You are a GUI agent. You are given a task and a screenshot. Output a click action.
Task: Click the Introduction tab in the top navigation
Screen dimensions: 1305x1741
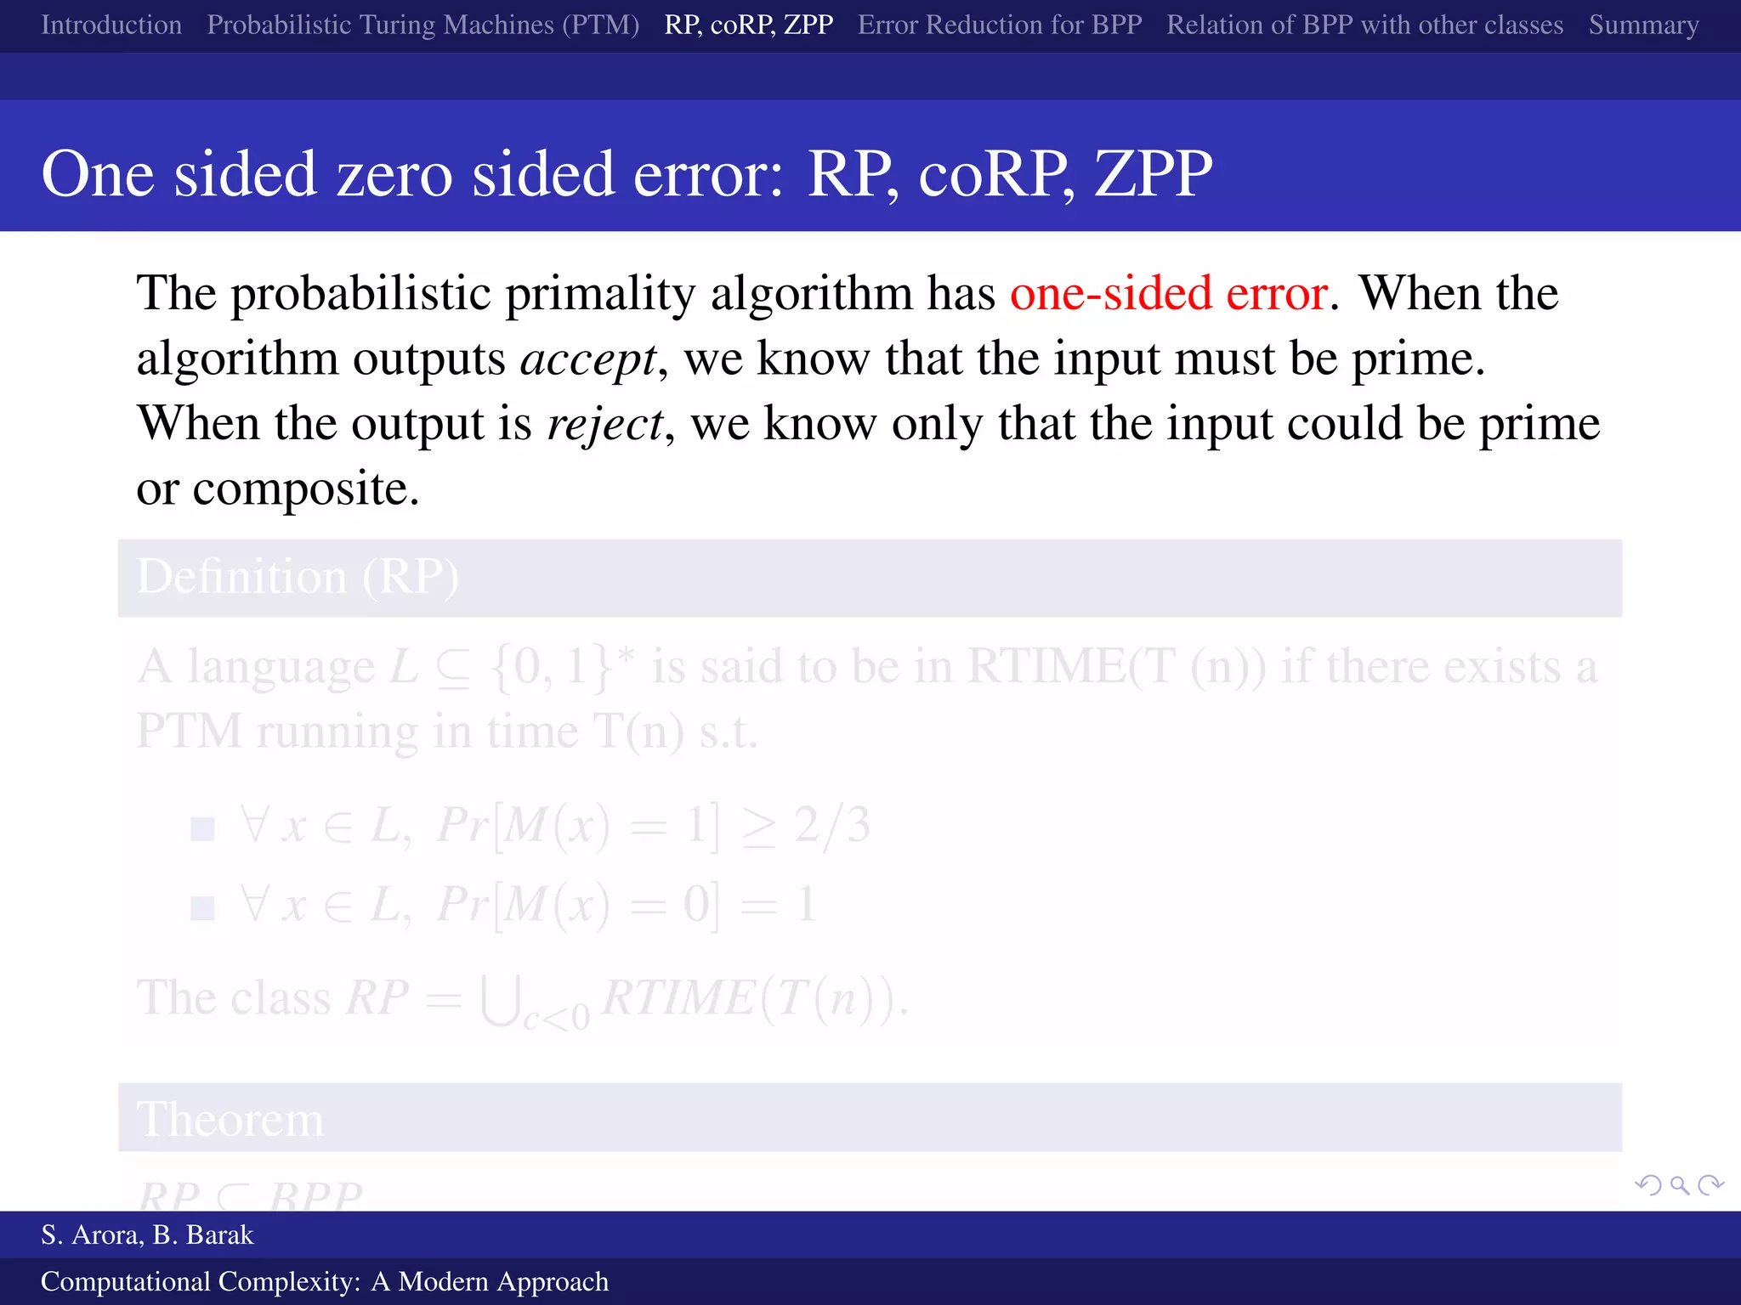click(x=111, y=25)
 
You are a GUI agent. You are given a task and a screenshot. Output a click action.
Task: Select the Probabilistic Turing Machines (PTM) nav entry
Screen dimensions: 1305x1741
click(x=422, y=25)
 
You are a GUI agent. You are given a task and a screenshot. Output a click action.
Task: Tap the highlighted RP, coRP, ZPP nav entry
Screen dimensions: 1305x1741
click(x=748, y=25)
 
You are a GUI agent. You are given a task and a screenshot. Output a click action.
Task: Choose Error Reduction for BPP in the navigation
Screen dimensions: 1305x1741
click(x=1000, y=25)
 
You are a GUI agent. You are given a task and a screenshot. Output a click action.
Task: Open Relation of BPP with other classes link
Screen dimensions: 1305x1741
click(x=1364, y=25)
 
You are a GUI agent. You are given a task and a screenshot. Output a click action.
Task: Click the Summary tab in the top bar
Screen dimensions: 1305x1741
click(x=1643, y=25)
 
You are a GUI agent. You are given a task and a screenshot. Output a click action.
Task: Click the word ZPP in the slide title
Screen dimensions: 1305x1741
click(x=1153, y=174)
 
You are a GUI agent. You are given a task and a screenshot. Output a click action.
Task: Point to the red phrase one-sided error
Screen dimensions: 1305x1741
click(x=1169, y=293)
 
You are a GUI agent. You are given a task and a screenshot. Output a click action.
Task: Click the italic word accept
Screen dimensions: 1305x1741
click(x=588, y=359)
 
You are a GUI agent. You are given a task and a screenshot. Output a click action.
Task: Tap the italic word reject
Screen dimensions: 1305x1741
click(x=604, y=424)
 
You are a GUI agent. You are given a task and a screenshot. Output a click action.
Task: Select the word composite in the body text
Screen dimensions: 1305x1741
click(x=305, y=489)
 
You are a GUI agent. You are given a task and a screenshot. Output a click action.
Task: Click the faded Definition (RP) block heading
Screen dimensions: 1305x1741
click(x=298, y=577)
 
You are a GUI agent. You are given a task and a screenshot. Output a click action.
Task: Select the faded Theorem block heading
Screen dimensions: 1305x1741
click(x=230, y=1119)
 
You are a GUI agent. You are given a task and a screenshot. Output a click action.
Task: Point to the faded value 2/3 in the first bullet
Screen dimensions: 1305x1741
click(x=832, y=824)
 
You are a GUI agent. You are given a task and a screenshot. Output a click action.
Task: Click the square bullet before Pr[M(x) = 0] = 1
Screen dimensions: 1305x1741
click(x=202, y=908)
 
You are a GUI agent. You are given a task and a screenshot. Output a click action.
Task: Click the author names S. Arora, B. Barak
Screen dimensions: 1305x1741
click(x=147, y=1234)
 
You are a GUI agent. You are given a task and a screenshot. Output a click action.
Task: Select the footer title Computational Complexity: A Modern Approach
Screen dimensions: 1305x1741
click(x=325, y=1281)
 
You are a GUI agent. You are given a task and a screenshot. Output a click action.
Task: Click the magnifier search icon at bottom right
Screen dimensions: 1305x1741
click(x=1679, y=1184)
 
